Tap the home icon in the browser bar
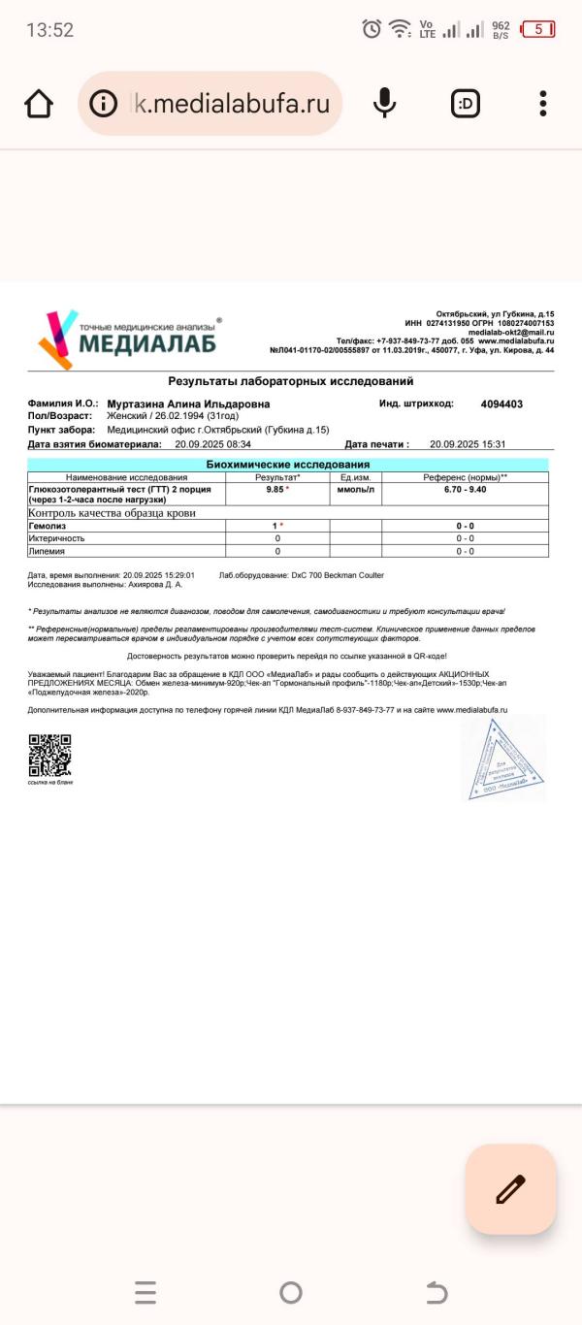point(39,104)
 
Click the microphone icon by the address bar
point(385,103)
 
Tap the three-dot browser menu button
point(543,103)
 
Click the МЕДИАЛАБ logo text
point(147,344)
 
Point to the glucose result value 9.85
point(275,490)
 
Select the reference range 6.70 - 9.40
point(465,490)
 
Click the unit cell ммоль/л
point(355,490)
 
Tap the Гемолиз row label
point(47,526)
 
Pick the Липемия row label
point(47,551)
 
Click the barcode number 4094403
point(501,404)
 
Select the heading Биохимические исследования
point(288,465)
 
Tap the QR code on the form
point(49,756)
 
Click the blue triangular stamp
point(503,759)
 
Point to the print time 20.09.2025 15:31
point(468,444)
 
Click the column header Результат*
point(277,477)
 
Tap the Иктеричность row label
point(56,538)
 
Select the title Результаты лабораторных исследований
point(291,382)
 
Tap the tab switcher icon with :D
point(466,103)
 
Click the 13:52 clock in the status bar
point(49,30)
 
